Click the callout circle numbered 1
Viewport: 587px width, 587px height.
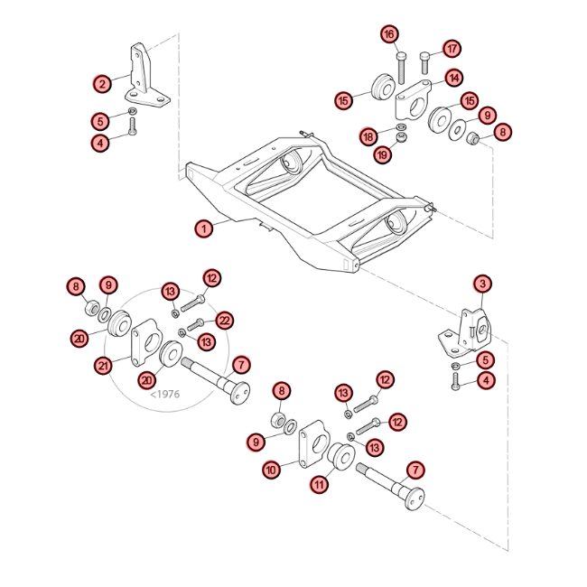pos(204,228)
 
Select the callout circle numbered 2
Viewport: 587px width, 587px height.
pos(103,83)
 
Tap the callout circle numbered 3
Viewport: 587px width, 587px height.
pos(482,284)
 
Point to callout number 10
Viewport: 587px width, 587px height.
pos(272,470)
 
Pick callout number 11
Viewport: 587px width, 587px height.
pos(320,485)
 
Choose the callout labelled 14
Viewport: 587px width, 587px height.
pos(454,78)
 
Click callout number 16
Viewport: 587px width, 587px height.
pos(390,34)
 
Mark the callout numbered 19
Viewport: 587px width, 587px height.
pos(383,154)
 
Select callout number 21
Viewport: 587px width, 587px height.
pos(103,366)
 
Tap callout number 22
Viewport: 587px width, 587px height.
pos(224,321)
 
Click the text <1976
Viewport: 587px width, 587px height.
pos(165,394)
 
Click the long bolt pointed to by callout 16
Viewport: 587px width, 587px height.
pos(400,68)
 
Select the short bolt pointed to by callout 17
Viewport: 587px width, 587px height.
pos(425,63)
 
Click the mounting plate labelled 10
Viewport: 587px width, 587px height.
pos(313,443)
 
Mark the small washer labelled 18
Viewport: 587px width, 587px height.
pos(401,126)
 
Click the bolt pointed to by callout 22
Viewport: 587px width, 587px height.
pos(195,324)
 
